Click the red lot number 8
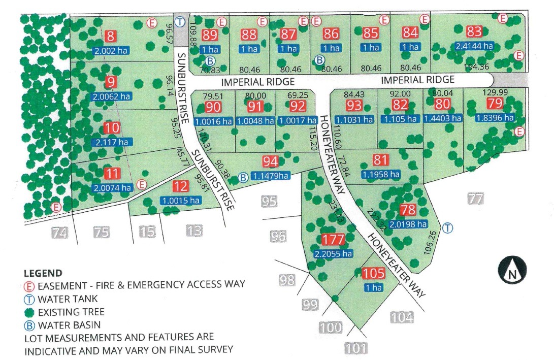coord(111,36)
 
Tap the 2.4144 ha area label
coord(474,45)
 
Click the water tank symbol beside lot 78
coord(447,228)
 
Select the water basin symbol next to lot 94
coord(243,177)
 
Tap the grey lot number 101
coord(356,348)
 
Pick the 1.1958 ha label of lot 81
coord(381,174)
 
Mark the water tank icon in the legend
coord(28,299)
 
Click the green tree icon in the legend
coord(28,312)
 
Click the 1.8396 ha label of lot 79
coord(495,117)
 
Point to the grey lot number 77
coord(475,199)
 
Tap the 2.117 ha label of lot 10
coord(110,142)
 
